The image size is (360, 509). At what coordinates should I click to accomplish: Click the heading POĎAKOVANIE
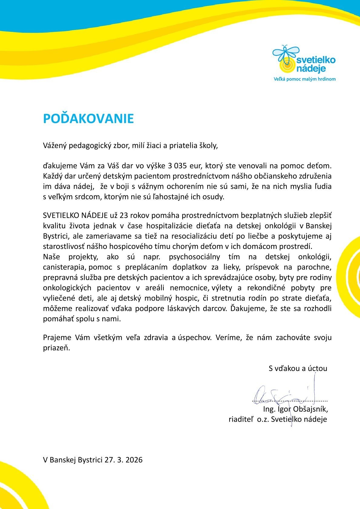tap(88, 119)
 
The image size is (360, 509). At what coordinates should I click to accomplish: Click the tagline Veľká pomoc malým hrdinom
tap(304, 79)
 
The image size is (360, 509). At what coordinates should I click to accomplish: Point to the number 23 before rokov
tap(124, 215)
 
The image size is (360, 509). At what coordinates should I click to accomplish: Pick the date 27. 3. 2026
tap(123, 460)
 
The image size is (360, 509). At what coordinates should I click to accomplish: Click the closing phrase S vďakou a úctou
tap(298, 368)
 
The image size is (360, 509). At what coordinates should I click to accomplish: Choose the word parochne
tap(317, 267)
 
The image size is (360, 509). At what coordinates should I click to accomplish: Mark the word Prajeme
tap(57, 338)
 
